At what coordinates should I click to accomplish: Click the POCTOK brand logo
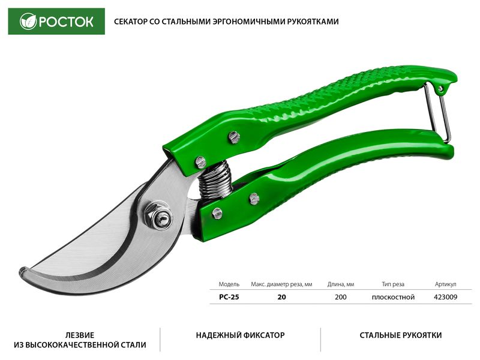point(56,22)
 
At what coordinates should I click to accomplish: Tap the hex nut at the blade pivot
point(158,215)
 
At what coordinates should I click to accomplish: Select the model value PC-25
point(229,297)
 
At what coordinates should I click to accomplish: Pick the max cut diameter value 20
point(281,297)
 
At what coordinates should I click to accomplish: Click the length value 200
point(341,297)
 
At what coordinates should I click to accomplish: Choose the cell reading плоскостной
point(393,297)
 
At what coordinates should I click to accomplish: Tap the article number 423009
point(445,297)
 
